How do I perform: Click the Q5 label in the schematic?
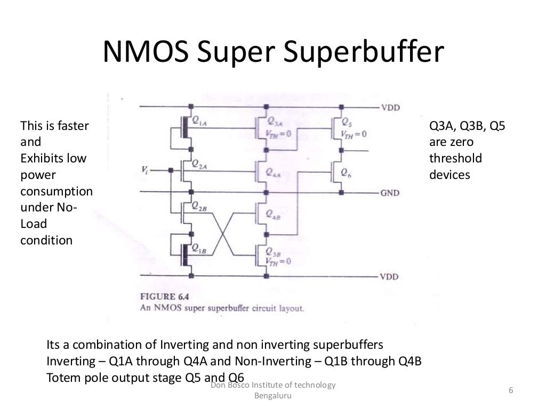[x=347, y=121]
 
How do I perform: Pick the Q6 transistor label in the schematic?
[x=347, y=172]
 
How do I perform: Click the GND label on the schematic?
[x=390, y=192]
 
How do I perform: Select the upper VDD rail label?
[x=390, y=108]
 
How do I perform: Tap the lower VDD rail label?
[x=390, y=277]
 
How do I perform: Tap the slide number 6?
[x=511, y=390]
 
